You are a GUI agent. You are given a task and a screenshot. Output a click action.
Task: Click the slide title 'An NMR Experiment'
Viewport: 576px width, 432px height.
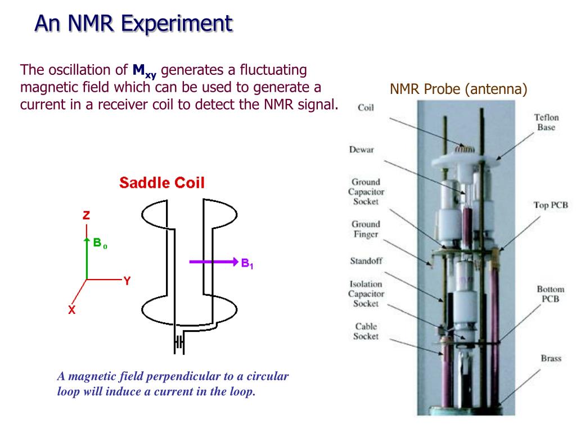point(133,24)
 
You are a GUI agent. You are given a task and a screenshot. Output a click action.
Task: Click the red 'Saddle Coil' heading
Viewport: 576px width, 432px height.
point(162,183)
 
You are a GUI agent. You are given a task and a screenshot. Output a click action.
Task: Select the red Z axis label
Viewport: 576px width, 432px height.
point(86,215)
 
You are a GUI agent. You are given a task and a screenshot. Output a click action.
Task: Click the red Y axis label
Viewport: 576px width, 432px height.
point(127,281)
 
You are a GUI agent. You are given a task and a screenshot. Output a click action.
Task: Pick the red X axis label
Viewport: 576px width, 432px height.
point(72,309)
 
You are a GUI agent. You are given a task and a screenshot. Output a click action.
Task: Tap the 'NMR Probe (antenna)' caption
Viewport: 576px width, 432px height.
point(458,89)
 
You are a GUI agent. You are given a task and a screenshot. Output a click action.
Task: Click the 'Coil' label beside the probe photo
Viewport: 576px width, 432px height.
point(366,107)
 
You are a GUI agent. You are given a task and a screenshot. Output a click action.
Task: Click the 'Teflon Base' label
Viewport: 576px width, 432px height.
point(546,122)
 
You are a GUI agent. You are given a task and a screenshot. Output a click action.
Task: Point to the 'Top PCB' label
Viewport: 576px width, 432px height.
point(550,205)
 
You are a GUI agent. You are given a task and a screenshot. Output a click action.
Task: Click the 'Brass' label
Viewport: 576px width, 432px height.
point(551,358)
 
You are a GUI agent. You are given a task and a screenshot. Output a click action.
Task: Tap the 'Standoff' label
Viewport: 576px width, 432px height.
point(366,261)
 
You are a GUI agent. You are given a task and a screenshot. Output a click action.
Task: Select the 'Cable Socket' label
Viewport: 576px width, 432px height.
point(366,331)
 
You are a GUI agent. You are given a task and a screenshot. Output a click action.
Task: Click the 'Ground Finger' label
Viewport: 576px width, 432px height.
point(366,229)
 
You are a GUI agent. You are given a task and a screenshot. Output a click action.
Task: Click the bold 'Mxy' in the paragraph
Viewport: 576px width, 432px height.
point(144,71)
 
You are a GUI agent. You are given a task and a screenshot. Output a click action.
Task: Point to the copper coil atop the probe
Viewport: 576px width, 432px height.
point(465,149)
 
